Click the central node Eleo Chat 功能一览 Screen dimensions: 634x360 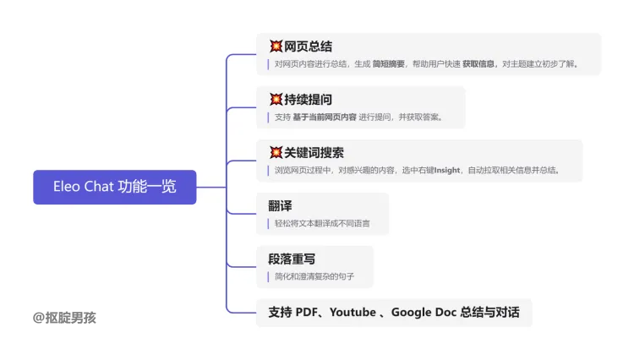(x=114, y=187)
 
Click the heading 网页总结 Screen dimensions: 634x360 (x=308, y=46)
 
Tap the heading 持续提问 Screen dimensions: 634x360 (x=308, y=100)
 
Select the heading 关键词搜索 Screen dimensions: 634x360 (x=314, y=153)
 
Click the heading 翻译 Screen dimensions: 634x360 (x=280, y=206)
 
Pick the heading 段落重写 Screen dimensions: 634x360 (x=292, y=259)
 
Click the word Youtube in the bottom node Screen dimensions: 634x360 (x=353, y=313)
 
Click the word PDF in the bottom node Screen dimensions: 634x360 (x=309, y=313)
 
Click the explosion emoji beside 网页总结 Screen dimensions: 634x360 (x=276, y=46)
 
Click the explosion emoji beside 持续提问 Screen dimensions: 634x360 (x=276, y=100)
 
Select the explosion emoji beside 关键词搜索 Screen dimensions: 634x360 (x=276, y=153)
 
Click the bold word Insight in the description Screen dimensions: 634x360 (x=447, y=170)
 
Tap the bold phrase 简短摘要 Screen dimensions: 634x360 (x=389, y=63)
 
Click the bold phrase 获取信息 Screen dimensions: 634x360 (x=478, y=63)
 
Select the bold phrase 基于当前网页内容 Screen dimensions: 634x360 (x=324, y=117)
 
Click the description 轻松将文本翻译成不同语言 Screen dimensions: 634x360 (x=321, y=224)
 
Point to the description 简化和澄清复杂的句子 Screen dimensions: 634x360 (x=315, y=276)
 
